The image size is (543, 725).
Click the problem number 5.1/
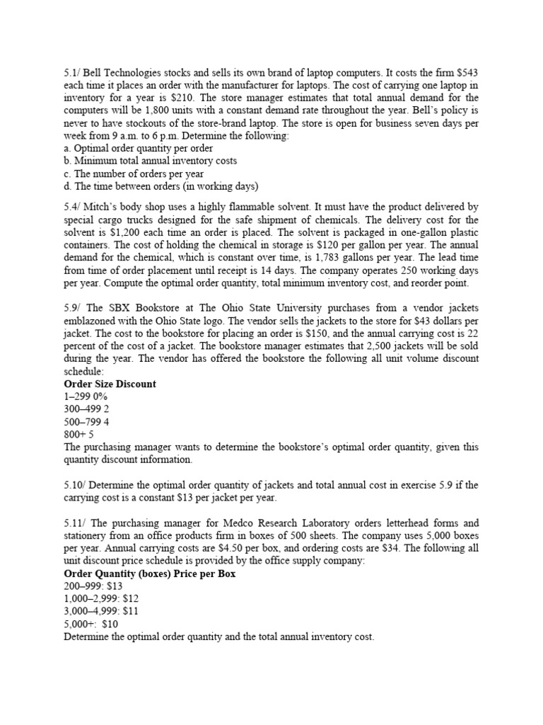(73, 72)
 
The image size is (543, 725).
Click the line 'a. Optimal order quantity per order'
(138, 148)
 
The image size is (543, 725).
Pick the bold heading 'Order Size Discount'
(110, 384)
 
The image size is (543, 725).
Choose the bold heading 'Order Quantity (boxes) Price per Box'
(149, 573)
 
